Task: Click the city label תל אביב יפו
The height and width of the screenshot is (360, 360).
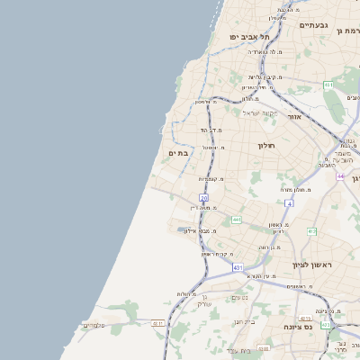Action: [x=243, y=39]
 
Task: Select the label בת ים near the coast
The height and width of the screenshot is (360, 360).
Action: [x=178, y=153]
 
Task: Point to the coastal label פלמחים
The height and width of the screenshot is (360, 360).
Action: [x=94, y=325]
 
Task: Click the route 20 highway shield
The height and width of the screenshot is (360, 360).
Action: [x=204, y=197]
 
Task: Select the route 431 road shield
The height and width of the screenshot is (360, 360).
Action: [x=238, y=267]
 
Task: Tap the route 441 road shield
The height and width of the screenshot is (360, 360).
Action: [x=236, y=220]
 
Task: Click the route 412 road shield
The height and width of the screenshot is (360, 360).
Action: [x=311, y=231]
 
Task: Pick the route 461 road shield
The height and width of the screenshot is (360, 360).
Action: [x=328, y=85]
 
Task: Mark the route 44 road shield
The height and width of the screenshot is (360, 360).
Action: [x=341, y=175]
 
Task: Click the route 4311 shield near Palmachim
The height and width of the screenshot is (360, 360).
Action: [x=158, y=323]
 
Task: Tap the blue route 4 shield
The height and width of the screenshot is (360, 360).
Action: [x=289, y=204]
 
